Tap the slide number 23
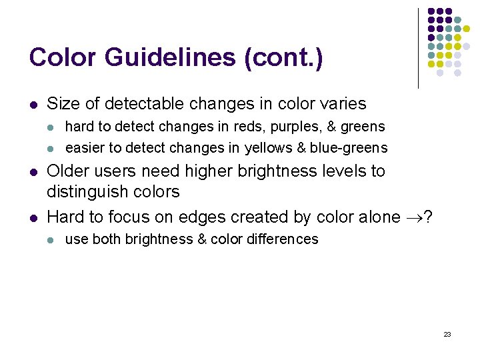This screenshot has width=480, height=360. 447,334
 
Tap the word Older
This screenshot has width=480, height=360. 70,171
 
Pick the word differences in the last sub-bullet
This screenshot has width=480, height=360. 283,239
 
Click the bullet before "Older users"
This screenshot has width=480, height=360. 33,171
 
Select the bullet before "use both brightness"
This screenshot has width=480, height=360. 51,239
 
